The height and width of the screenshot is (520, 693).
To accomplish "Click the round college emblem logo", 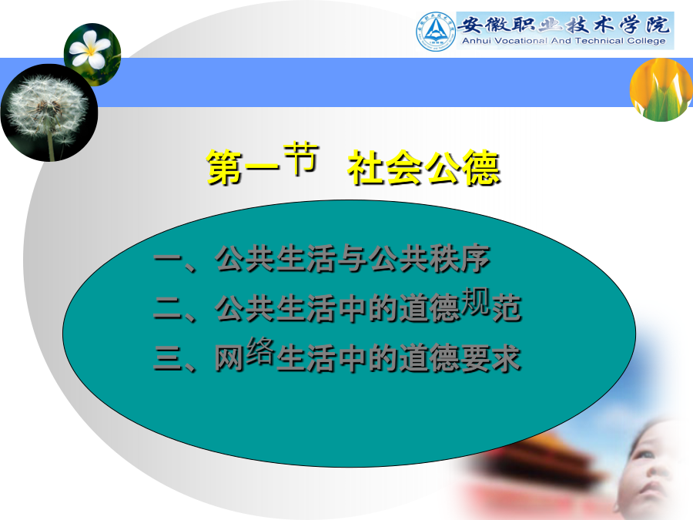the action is [436, 32].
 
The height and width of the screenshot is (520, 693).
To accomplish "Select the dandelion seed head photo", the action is [49, 112].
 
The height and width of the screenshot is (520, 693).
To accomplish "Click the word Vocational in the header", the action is [521, 41].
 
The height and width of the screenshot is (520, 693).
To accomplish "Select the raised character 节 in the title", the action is [300, 158].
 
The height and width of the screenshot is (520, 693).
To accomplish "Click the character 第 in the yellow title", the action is [224, 167].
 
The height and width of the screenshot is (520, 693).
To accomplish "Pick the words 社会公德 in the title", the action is [423, 167].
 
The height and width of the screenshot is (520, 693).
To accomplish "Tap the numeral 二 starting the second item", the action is [168, 307].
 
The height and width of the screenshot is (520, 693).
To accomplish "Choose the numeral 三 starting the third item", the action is [168, 357].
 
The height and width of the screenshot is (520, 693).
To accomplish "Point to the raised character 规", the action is [476, 301].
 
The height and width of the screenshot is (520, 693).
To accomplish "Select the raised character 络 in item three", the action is [261, 351].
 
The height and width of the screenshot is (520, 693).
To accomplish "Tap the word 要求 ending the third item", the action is [491, 357].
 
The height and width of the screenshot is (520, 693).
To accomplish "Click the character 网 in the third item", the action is [229, 357].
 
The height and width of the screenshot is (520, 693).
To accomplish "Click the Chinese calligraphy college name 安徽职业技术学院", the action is [564, 25].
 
